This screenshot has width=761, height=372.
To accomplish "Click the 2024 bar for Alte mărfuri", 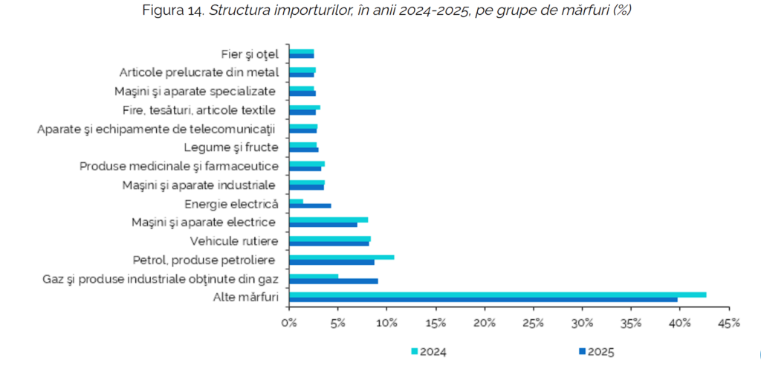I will (x=497, y=295).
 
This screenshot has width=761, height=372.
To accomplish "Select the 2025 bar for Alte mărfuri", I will (x=483, y=300).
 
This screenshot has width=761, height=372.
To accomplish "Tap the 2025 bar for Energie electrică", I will (x=310, y=205).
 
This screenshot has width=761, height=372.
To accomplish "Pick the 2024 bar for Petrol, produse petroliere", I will (x=341, y=257).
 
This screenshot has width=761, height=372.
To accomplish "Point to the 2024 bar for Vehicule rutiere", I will (x=329, y=239).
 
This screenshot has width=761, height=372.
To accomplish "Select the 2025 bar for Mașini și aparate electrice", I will (x=323, y=224).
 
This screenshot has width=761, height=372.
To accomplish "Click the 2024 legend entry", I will (x=429, y=352).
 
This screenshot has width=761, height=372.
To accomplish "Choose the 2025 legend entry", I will (x=597, y=352).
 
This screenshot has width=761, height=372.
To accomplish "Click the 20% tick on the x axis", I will (x=485, y=323).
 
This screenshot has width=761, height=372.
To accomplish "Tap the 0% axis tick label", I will (x=289, y=323).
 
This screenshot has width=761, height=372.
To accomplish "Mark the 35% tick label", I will (x=631, y=323).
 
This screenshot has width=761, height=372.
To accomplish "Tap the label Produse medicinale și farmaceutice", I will (x=179, y=165).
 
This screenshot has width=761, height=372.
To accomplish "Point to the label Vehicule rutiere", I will (x=234, y=240).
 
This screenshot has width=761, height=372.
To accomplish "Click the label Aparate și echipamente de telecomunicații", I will (x=157, y=129).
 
